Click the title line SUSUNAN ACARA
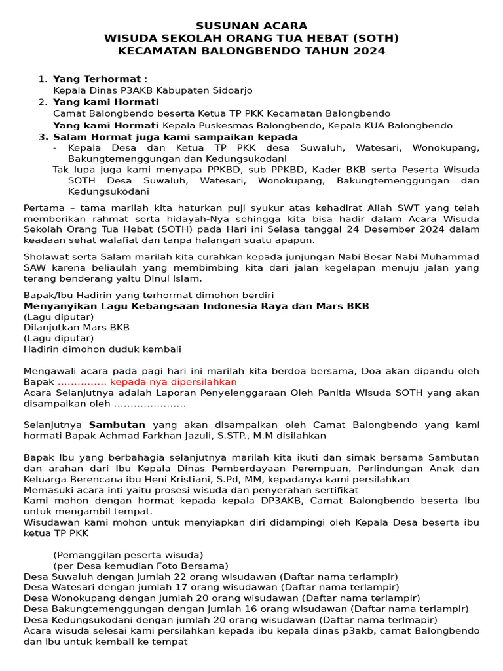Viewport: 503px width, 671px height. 251,26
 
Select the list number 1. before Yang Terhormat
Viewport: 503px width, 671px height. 43,79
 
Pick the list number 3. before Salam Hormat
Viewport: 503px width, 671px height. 43,137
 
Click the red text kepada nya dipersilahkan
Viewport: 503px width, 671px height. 174,382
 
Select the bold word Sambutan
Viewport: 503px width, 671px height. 117,425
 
